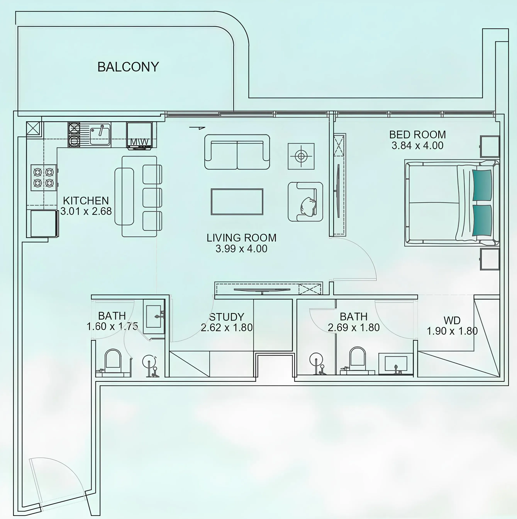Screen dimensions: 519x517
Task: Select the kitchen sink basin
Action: [100, 136]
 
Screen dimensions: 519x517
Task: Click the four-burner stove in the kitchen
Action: [43, 178]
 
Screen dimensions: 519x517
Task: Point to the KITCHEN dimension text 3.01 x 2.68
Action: [86, 211]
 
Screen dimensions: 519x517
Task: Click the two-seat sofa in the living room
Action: [237, 152]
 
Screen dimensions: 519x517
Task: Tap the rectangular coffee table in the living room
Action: [237, 202]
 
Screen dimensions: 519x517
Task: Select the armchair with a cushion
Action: [305, 202]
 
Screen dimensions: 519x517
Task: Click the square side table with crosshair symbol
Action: [301, 156]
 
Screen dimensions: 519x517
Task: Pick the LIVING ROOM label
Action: [241, 238]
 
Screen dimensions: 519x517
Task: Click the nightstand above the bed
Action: [490, 146]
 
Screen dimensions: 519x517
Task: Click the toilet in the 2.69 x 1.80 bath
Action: [357, 357]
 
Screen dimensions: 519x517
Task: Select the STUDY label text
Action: [227, 317]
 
